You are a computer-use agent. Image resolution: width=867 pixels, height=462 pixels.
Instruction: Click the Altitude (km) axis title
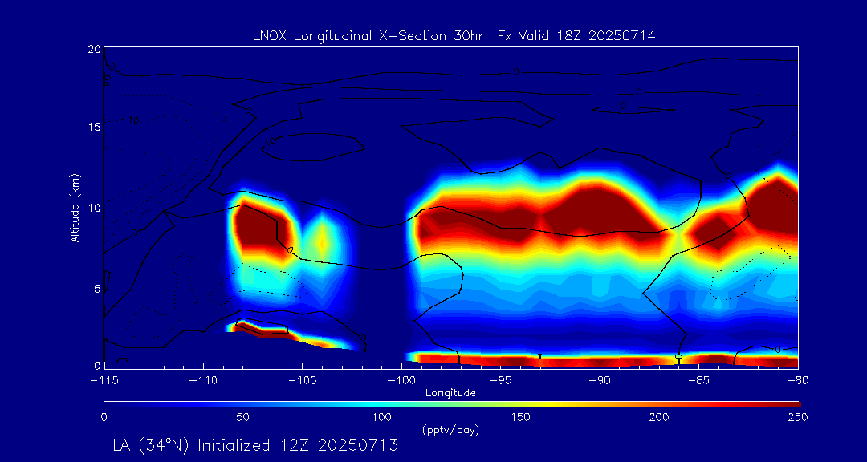tap(75, 207)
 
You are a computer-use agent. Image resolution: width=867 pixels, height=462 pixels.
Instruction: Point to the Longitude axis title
tap(450, 393)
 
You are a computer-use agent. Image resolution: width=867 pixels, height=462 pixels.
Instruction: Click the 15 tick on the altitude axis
tap(93, 128)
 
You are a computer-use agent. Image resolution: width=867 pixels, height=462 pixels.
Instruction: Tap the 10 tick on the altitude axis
tap(93, 208)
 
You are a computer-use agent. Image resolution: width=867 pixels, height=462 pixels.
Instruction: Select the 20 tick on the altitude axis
tap(93, 49)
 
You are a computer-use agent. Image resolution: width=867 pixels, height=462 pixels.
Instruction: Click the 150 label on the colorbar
tap(521, 417)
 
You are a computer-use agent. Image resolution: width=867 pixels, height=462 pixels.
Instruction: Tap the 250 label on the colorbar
tap(798, 417)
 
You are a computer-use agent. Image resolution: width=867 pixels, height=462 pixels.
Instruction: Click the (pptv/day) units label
tap(450, 430)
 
